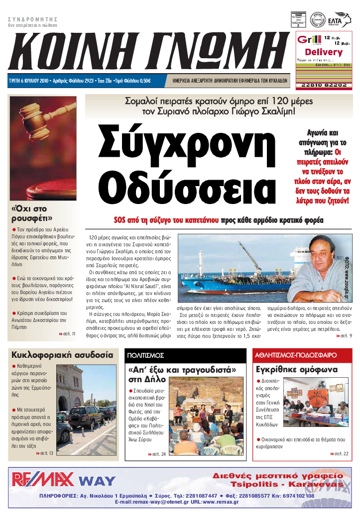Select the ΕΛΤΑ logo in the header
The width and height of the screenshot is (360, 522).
pos(343,19)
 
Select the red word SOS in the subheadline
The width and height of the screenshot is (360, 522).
pos(120,219)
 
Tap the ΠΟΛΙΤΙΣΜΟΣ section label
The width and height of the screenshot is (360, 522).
pos(145,355)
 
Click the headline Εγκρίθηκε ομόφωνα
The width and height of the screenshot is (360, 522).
pos(297,370)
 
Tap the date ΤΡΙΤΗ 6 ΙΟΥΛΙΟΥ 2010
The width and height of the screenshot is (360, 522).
pos(27,81)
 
